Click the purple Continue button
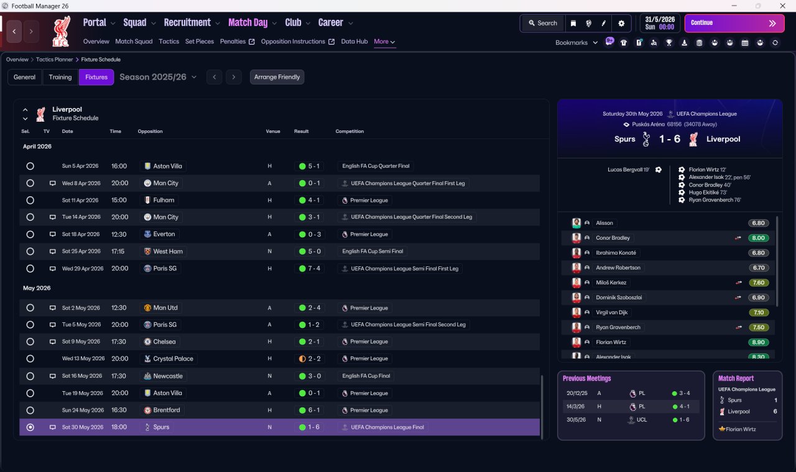[x=734, y=23]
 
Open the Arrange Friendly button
[x=277, y=77]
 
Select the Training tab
[x=60, y=77]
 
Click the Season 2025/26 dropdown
[x=158, y=77]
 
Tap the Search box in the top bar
[x=543, y=23]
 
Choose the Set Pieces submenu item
[x=200, y=42]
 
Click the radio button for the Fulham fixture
[x=30, y=200]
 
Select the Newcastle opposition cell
[x=164, y=376]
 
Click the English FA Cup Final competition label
[x=366, y=376]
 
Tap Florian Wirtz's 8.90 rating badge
[x=758, y=342]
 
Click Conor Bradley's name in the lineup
[x=613, y=238]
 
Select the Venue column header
[x=273, y=131]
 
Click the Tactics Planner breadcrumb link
[x=54, y=60]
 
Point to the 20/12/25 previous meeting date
[x=576, y=393]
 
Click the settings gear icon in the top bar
[x=621, y=24]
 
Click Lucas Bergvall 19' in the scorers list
[x=628, y=170]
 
